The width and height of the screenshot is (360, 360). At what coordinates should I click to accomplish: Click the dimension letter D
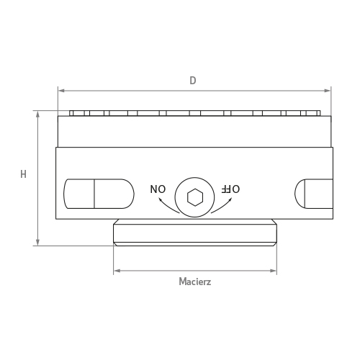coord(193,81)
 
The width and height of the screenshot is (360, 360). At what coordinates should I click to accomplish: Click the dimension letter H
coord(23,174)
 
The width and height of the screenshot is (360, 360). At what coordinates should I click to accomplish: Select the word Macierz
coord(194,282)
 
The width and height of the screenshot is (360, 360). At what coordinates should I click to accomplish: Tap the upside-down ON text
coord(158,189)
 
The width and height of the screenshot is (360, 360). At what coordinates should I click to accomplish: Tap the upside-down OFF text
coord(230,189)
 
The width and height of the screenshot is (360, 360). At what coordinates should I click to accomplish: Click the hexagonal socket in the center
coord(194,197)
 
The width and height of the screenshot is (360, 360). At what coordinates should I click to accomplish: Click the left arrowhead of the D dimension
coord(60,91)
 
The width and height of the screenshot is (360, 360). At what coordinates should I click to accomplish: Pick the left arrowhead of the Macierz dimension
coord(116,271)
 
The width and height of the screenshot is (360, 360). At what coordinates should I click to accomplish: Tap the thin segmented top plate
coord(194,113)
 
